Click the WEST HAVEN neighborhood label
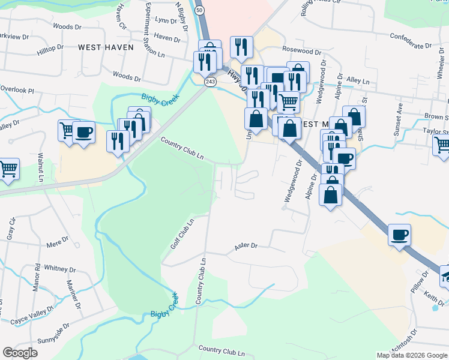coord(106,47)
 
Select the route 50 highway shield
coord(199,11)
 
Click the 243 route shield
coord(209,81)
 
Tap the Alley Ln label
coord(358,80)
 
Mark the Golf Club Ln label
coord(182,233)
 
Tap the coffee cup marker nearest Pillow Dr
coord(399,235)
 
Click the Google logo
coord(20,353)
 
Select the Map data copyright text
coord(411,355)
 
